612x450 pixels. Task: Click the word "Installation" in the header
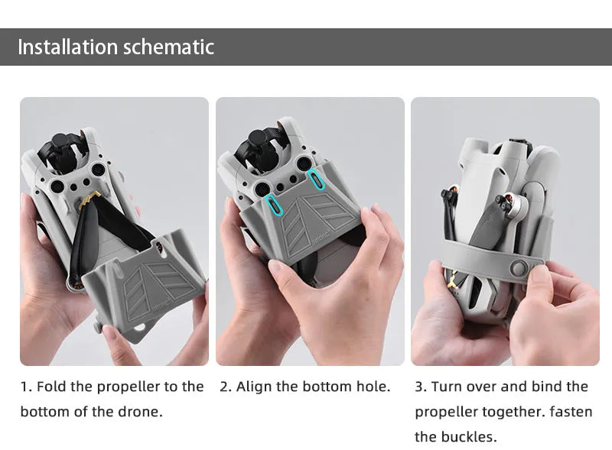67,47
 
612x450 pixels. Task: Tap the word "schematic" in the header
168,47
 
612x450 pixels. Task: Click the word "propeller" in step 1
129,387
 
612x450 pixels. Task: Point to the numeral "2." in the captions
226,387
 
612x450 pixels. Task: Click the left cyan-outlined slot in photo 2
274,205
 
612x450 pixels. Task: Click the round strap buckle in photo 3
519,268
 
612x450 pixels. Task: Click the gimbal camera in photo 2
259,151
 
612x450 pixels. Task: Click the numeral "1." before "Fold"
26,387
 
